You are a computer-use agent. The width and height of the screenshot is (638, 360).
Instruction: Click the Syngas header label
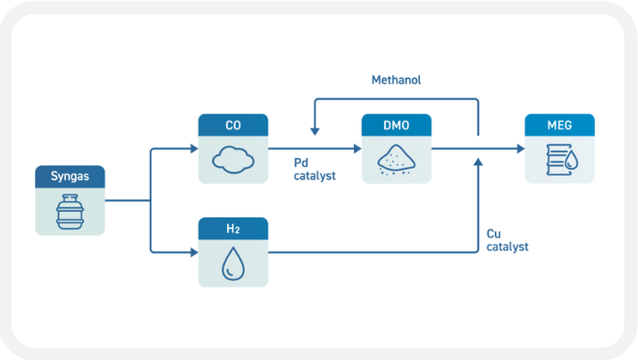coord(70,177)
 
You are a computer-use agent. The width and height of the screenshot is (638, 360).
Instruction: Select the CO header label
coord(233,125)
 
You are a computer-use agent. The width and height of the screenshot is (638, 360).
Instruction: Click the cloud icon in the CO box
coord(233,161)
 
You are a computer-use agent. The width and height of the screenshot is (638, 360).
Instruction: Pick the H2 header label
coord(233,230)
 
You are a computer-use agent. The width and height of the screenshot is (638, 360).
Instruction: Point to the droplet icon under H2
coord(233,264)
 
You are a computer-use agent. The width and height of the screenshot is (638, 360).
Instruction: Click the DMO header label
coord(397,125)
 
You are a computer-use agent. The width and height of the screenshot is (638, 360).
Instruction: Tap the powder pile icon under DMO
coord(397,162)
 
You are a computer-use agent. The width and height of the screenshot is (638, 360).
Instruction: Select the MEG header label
coord(560,125)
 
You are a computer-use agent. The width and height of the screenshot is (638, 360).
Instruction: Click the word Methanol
coord(396,80)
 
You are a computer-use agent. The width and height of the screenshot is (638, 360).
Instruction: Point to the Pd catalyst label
coord(315,170)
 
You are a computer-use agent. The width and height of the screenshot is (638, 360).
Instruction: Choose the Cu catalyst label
coord(507,240)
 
